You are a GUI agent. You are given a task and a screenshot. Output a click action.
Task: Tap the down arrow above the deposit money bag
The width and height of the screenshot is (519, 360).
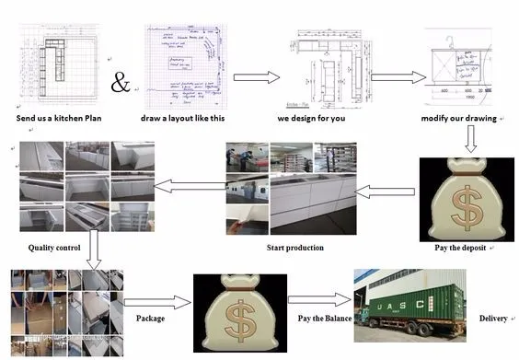click(x=469, y=139)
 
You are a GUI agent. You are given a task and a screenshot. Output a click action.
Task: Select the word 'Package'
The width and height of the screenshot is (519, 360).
click(x=151, y=318)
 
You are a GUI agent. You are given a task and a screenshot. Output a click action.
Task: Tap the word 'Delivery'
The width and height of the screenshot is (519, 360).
click(x=492, y=318)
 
